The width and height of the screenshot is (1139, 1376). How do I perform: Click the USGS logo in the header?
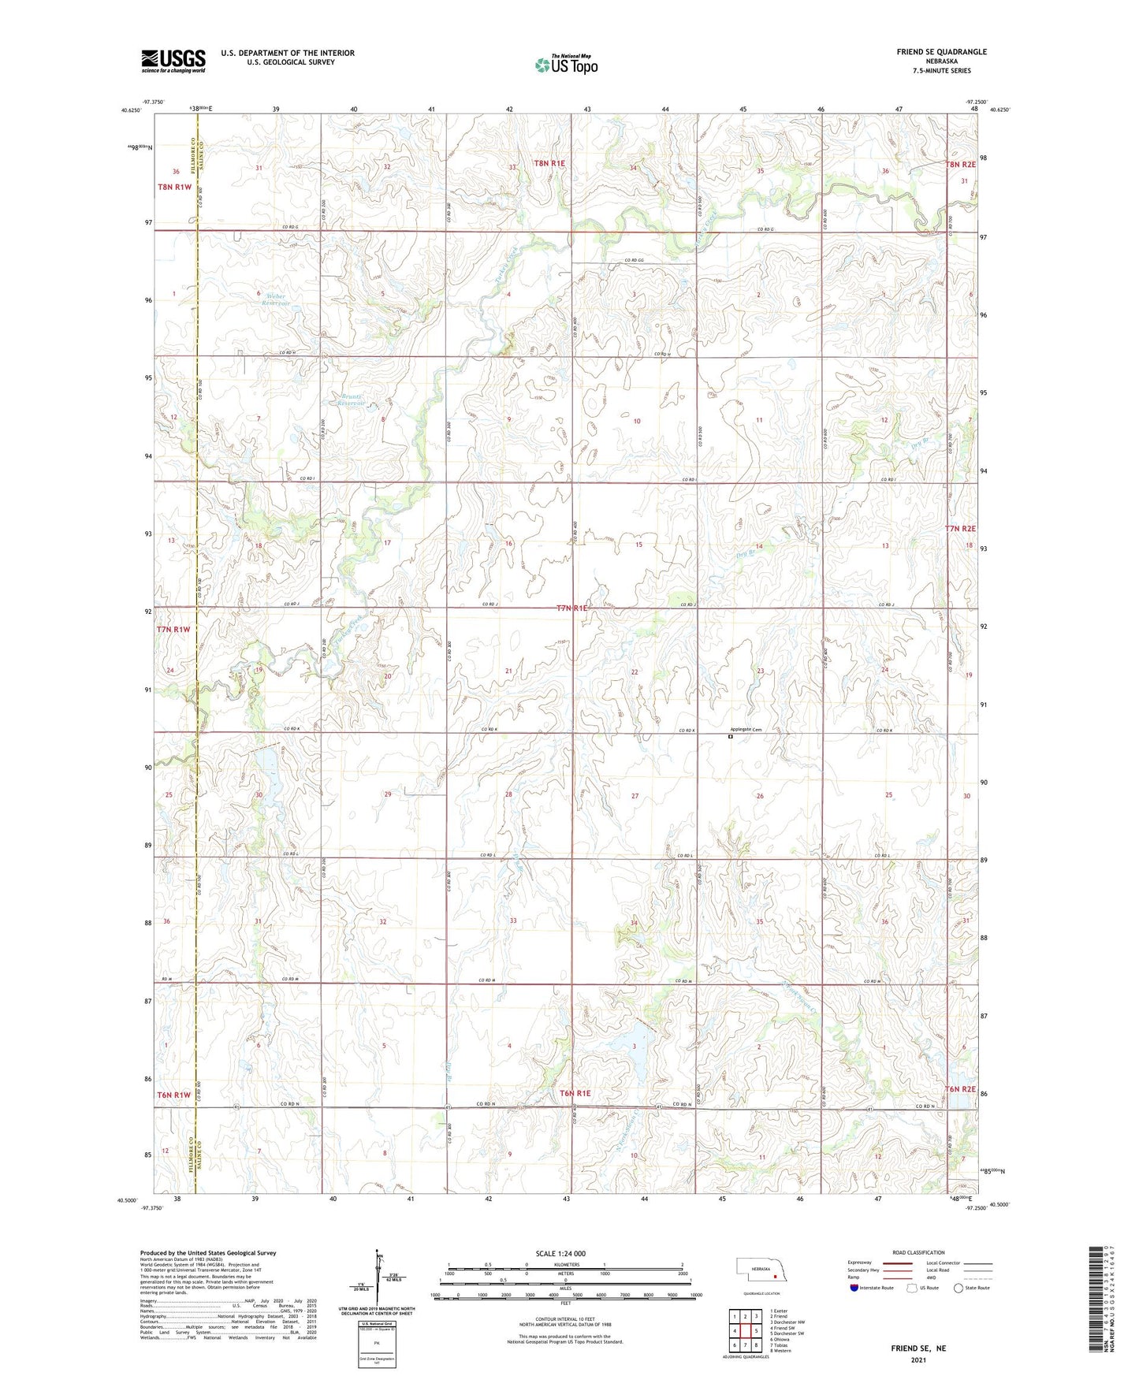173,61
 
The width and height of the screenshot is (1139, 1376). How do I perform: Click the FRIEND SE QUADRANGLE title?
941,52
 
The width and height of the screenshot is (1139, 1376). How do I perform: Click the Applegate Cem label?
745,729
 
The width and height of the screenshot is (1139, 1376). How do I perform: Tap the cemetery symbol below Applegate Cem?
730,739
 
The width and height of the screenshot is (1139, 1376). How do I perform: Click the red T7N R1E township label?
572,608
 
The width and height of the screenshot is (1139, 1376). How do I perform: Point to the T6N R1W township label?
173,1095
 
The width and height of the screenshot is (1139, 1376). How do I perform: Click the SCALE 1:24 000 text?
560,1254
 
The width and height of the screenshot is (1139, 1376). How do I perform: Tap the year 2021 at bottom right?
918,1359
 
